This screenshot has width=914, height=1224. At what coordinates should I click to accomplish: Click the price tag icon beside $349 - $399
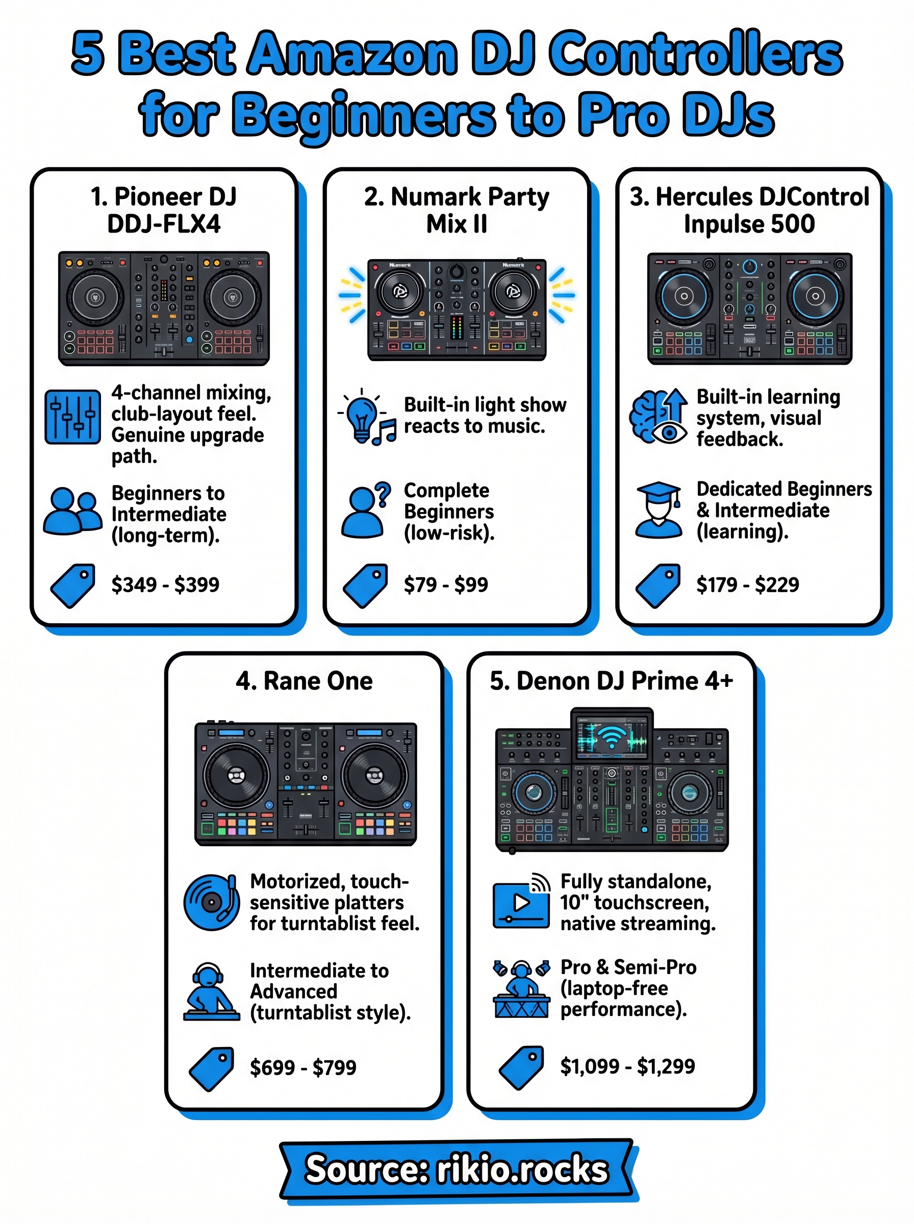pyautogui.click(x=72, y=585)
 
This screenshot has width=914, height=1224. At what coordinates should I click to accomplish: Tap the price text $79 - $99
pyautogui.click(x=445, y=584)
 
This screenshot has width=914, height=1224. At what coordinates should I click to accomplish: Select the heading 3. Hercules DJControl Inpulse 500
pyautogui.click(x=749, y=210)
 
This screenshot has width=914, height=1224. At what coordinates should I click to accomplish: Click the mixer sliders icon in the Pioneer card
pyautogui.click(x=72, y=417)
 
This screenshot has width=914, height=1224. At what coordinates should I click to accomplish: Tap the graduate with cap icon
pyautogui.click(x=658, y=509)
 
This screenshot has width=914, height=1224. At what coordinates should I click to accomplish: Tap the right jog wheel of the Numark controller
pyautogui.click(x=514, y=290)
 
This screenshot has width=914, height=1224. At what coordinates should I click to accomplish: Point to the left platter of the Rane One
pyautogui.click(x=236, y=775)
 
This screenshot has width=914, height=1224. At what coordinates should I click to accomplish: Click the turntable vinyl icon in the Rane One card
pyautogui.click(x=211, y=902)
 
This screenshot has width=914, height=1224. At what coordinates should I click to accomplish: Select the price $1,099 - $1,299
pyautogui.click(x=627, y=1066)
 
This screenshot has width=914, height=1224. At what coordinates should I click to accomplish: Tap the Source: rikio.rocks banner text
pyautogui.click(x=456, y=1169)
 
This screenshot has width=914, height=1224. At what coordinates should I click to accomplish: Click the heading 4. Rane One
pyautogui.click(x=304, y=681)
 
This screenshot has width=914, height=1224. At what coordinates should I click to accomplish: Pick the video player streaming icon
pyautogui.click(x=521, y=902)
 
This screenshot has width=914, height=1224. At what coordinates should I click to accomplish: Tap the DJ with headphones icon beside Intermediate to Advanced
pyautogui.click(x=211, y=991)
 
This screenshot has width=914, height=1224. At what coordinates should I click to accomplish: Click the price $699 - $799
pyautogui.click(x=303, y=1067)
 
